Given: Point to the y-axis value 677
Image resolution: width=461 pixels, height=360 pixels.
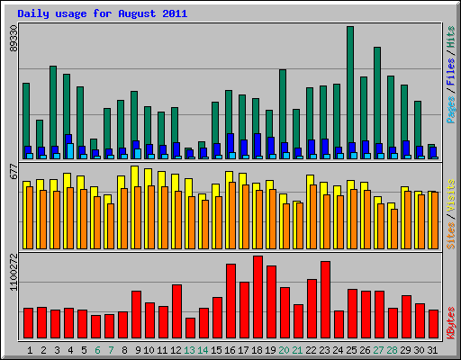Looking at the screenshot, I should (x=14, y=171).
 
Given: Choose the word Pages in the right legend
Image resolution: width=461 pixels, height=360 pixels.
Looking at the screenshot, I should (x=449, y=106).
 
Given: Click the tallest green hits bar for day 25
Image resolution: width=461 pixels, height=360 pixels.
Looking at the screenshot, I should (x=350, y=90).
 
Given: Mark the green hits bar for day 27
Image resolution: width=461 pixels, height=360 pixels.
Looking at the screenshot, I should (x=377, y=99).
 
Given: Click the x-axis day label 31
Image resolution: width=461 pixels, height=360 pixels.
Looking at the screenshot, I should (x=433, y=349).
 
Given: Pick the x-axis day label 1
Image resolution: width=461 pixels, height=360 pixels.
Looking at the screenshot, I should (x=30, y=349).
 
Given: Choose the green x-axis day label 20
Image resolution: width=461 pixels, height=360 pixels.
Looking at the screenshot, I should (x=285, y=349).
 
